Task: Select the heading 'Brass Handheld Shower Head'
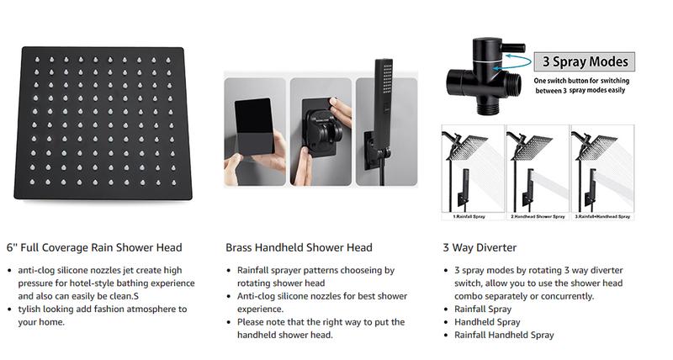(x=299, y=247)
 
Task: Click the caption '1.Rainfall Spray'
(x=469, y=217)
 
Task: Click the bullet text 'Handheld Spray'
(x=486, y=322)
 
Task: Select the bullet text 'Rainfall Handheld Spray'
(x=505, y=335)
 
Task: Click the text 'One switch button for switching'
(x=586, y=79)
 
